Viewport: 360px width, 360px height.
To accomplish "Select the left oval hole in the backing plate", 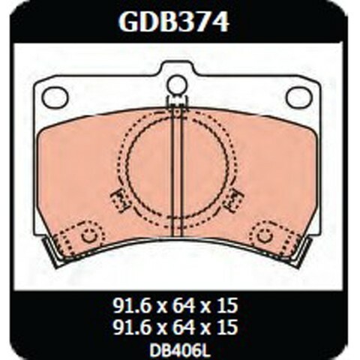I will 55,97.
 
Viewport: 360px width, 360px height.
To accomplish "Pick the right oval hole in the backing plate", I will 298,97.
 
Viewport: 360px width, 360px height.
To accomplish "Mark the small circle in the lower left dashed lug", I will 89,236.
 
